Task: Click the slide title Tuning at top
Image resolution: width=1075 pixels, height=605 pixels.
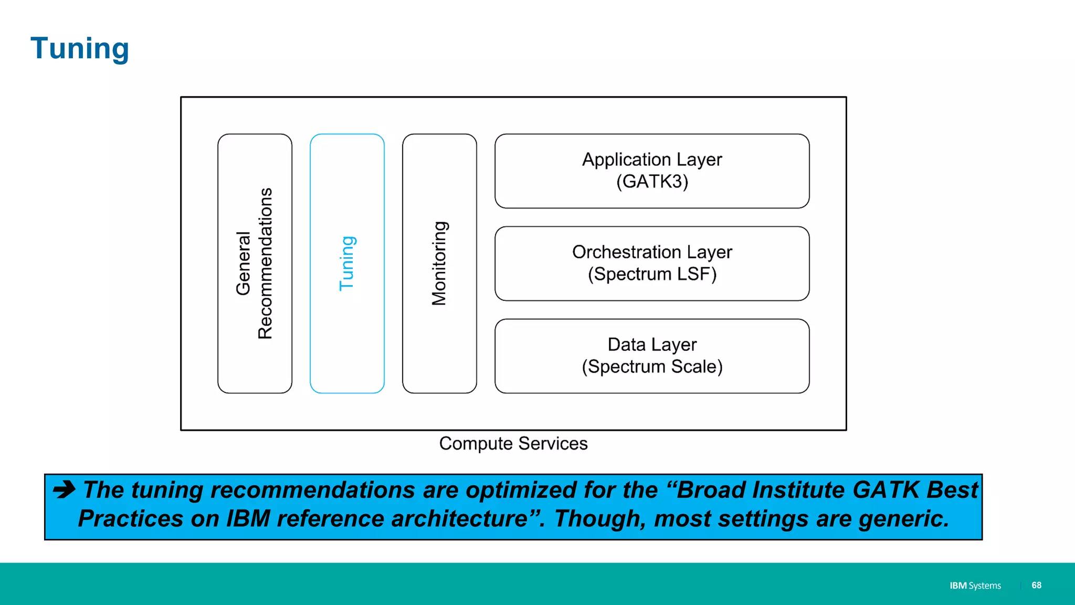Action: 80,49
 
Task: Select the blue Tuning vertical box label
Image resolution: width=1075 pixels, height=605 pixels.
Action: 347,263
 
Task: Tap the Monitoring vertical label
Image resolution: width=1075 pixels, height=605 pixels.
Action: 439,263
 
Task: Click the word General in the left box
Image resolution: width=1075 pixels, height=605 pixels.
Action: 243,263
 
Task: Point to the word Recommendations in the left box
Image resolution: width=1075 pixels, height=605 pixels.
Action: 266,263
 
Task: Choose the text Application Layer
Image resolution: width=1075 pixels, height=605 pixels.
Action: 652,160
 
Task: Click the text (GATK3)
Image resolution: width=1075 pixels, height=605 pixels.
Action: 652,182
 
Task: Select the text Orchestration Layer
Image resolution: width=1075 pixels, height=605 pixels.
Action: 652,252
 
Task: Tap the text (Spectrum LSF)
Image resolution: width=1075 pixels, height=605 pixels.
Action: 652,274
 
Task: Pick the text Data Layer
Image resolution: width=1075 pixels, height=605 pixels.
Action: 652,345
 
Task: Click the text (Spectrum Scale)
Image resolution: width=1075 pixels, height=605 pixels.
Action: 652,367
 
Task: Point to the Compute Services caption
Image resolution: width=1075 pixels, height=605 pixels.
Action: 513,444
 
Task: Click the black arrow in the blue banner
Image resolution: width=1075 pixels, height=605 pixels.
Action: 65,489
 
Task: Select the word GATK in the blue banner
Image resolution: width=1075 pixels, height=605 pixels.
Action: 886,490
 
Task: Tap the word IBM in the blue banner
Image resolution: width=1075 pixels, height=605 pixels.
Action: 248,519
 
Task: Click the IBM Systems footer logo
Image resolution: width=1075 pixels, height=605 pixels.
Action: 975,586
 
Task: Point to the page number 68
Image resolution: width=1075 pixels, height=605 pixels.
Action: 1036,585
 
